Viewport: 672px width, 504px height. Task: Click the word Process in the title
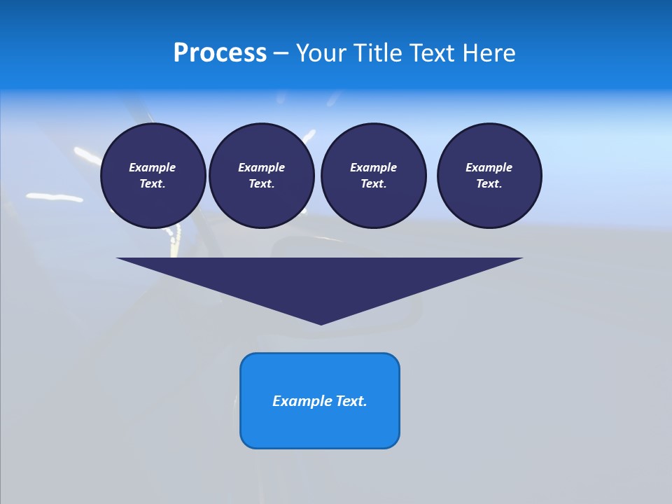pyautogui.click(x=220, y=53)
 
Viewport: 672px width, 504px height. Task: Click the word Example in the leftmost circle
pyautogui.click(x=153, y=167)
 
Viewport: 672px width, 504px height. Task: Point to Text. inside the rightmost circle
pyautogui.click(x=489, y=184)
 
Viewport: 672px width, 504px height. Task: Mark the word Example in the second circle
pyautogui.click(x=261, y=167)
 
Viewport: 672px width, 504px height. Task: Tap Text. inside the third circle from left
pyautogui.click(x=373, y=184)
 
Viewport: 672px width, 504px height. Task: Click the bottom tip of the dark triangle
pyautogui.click(x=321, y=323)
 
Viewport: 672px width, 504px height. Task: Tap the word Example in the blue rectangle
pyautogui.click(x=302, y=401)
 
